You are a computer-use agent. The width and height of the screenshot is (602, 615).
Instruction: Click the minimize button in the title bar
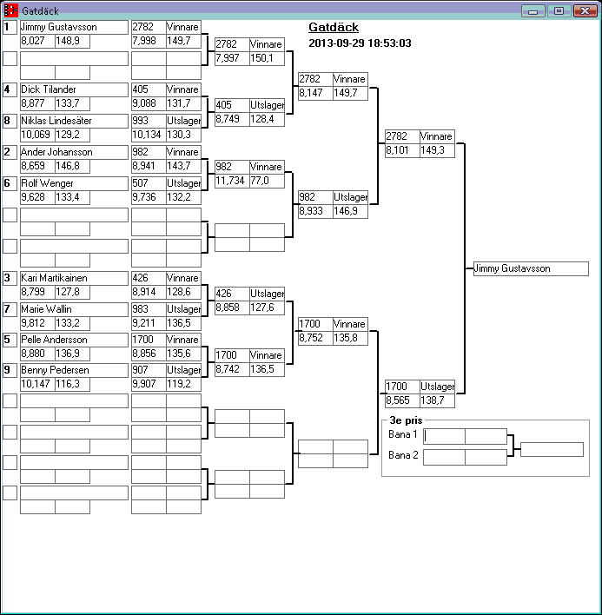[533, 10]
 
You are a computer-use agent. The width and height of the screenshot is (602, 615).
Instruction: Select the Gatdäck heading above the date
[334, 27]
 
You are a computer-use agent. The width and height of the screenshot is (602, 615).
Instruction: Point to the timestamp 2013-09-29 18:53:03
[360, 43]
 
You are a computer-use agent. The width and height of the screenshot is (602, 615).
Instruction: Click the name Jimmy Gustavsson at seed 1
[73, 27]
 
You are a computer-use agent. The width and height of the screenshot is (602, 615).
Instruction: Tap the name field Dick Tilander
[73, 89]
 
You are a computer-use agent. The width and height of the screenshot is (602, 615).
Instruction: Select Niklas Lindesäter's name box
[73, 121]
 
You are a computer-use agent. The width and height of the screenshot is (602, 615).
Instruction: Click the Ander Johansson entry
[73, 152]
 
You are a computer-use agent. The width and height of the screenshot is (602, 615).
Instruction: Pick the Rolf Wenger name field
[73, 183]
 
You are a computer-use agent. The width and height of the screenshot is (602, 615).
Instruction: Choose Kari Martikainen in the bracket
[73, 278]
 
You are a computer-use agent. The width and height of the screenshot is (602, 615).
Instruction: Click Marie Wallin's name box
[73, 309]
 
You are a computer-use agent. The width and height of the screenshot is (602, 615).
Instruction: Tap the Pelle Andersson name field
[73, 340]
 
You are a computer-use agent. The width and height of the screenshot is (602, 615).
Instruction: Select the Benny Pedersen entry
[73, 370]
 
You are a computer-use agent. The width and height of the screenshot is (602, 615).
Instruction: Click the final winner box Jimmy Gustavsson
[531, 268]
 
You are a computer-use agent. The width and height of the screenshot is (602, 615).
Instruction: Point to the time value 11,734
[231, 181]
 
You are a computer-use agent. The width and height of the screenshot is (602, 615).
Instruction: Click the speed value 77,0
[266, 181]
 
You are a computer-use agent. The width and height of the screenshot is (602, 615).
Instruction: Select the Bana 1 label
[403, 434]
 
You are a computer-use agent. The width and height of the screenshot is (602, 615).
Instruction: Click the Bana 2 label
[403, 455]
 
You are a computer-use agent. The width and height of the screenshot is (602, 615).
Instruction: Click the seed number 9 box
[10, 370]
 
